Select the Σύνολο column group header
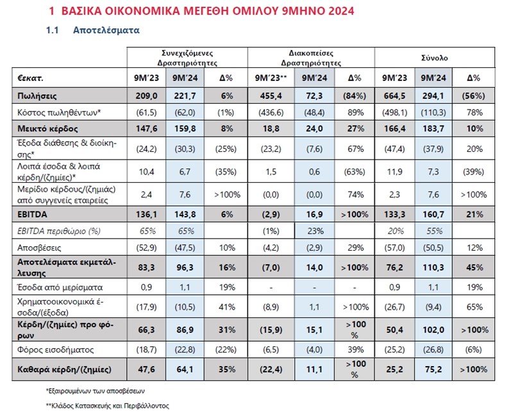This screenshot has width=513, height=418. (439, 58)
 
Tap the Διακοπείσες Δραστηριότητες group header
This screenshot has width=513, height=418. (311, 58)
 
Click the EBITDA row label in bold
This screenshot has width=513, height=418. (33, 212)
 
